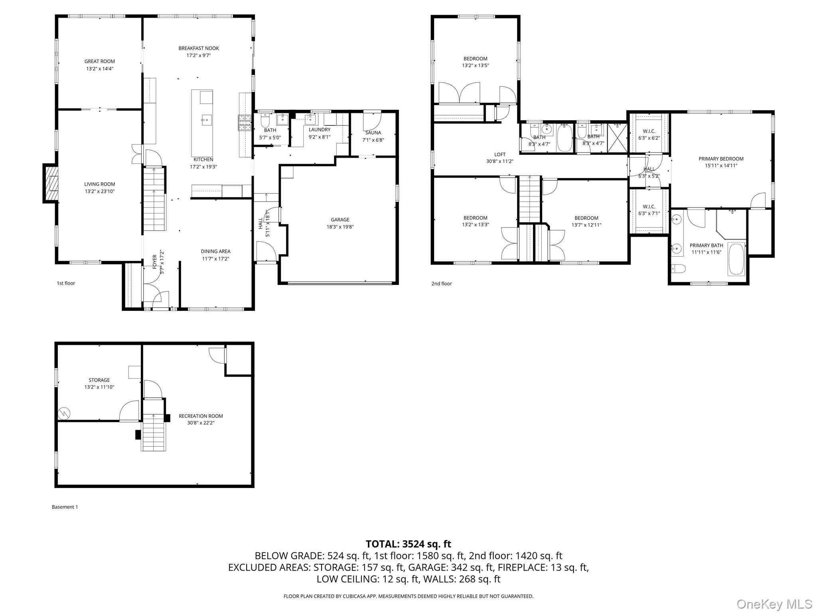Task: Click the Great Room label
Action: [x=99, y=61]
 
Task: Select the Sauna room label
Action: [x=373, y=133]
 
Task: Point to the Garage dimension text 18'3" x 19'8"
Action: [x=340, y=227]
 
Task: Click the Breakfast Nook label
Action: [x=199, y=48]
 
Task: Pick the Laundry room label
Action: [x=320, y=130]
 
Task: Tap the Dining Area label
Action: [x=215, y=251]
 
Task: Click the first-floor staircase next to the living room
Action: [x=154, y=199]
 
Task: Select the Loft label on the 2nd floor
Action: [x=500, y=154]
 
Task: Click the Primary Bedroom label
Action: [x=721, y=159]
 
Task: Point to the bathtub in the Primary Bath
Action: [x=736, y=259]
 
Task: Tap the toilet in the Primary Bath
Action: [x=678, y=269]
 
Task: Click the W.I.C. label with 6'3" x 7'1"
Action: [x=649, y=210]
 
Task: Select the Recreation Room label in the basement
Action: [x=201, y=416]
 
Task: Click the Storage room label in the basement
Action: [x=99, y=380]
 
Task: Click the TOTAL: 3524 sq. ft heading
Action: [x=408, y=544]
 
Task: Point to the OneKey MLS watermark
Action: [x=774, y=604]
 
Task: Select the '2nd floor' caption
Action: [x=441, y=284]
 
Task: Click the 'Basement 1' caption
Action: [x=65, y=507]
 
